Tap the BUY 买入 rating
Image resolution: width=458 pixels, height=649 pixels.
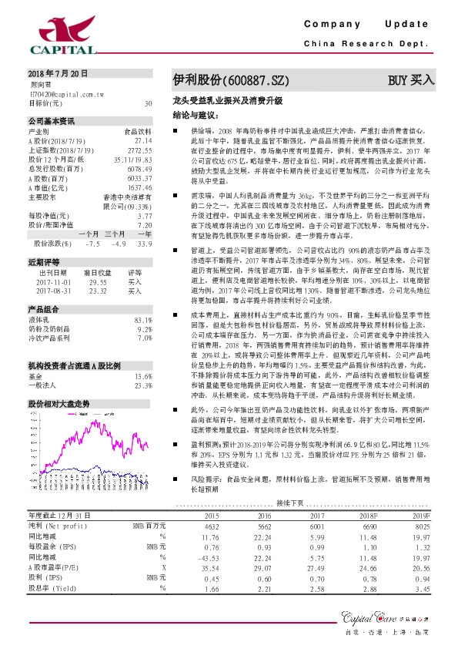(x=411, y=79)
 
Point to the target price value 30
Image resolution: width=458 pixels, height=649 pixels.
(x=148, y=103)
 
